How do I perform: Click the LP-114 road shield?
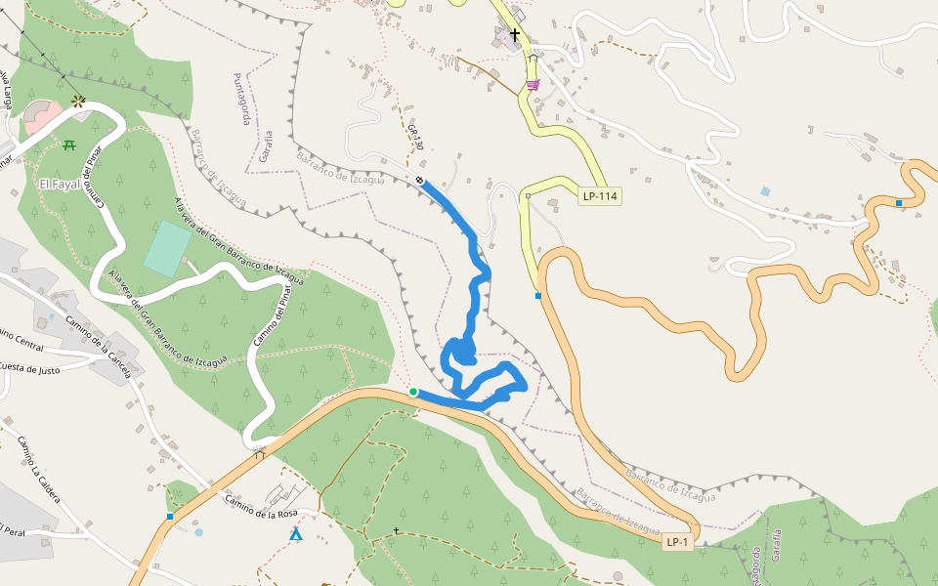[600, 196]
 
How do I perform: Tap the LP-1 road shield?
[677, 542]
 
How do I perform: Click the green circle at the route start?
[413, 392]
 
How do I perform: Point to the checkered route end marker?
[420, 181]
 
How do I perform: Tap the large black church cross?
[515, 35]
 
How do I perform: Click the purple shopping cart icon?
[532, 85]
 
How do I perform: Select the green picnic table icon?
[69, 146]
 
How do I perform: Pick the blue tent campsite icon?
[295, 534]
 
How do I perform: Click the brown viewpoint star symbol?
[78, 100]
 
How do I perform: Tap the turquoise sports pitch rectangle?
[168, 248]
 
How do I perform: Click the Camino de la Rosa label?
[260, 507]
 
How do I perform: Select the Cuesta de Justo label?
[29, 368]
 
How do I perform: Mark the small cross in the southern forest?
[397, 530]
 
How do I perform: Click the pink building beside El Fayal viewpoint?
[41, 116]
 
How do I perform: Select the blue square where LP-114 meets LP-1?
[538, 295]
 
